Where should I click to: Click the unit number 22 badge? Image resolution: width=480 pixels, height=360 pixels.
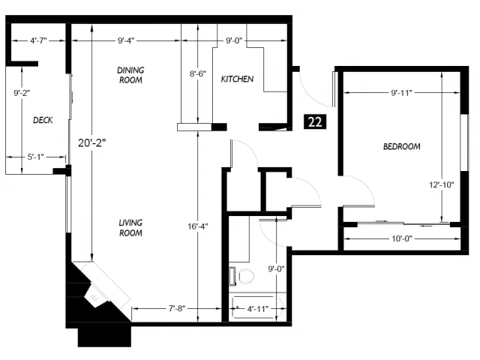(x=315, y=121)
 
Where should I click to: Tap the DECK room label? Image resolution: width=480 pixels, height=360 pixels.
(x=43, y=120)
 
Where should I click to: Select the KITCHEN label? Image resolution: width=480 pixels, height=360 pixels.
(x=237, y=79)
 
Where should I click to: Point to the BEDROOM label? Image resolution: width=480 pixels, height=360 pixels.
(x=402, y=146)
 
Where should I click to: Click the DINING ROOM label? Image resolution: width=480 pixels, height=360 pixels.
(x=130, y=75)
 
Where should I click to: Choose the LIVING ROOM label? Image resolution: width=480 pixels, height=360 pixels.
(x=130, y=228)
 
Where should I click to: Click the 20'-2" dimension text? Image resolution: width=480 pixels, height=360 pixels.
(x=91, y=142)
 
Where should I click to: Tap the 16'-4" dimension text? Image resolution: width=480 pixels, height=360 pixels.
(x=198, y=226)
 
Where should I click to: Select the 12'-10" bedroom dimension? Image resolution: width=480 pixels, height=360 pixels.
(x=441, y=184)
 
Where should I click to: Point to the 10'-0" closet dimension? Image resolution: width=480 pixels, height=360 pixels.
(x=402, y=238)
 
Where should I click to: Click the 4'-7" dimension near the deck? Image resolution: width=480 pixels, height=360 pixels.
(x=38, y=40)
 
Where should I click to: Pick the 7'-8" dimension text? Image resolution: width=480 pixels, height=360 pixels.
(x=177, y=308)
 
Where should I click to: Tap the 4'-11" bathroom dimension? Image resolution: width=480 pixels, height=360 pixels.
(x=258, y=309)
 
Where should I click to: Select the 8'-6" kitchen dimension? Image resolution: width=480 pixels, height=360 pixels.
(x=198, y=73)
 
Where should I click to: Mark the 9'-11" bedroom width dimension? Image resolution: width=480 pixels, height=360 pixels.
(x=402, y=93)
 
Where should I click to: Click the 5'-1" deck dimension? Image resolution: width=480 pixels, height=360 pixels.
(x=36, y=157)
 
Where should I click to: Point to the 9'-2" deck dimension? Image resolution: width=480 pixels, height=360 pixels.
(x=22, y=93)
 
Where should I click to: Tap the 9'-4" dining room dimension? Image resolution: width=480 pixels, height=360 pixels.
(x=126, y=40)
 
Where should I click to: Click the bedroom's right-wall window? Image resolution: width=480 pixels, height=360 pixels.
(x=465, y=142)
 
